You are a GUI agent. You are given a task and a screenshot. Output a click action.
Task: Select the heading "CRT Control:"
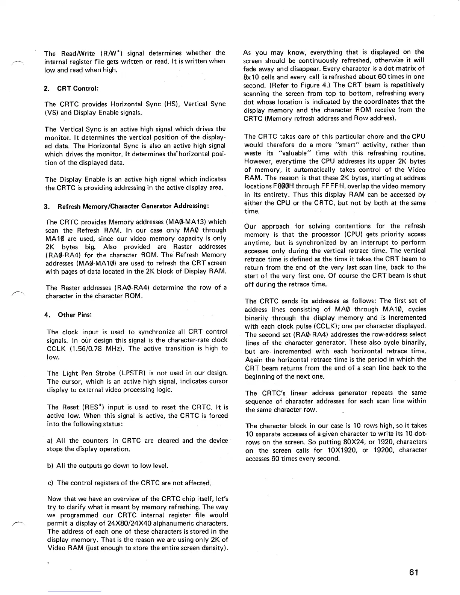(x=78, y=89)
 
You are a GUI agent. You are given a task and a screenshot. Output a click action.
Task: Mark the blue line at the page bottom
(x=75, y=592)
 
